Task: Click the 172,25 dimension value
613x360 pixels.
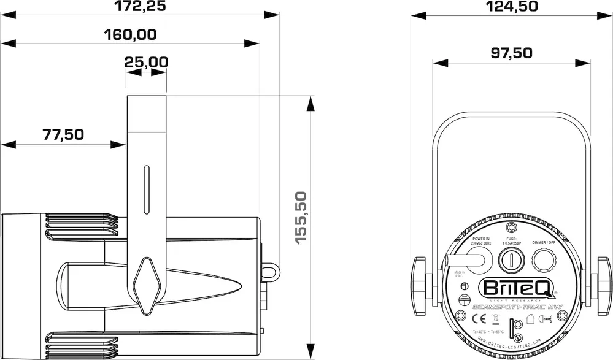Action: coord(141,7)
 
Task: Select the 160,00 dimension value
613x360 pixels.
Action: coord(130,34)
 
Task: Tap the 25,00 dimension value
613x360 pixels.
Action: coord(146,62)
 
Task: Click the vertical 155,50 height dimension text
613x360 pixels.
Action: coord(301,218)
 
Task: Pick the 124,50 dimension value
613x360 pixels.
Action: coord(511,7)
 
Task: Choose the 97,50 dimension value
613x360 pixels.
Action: coord(511,53)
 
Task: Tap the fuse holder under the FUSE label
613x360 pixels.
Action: coord(510,262)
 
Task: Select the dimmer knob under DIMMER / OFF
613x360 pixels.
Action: coord(543,261)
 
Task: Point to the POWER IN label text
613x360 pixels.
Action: coord(480,239)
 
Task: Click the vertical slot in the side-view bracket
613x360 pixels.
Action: coord(146,190)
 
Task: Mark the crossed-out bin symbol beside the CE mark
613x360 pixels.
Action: coord(496,318)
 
